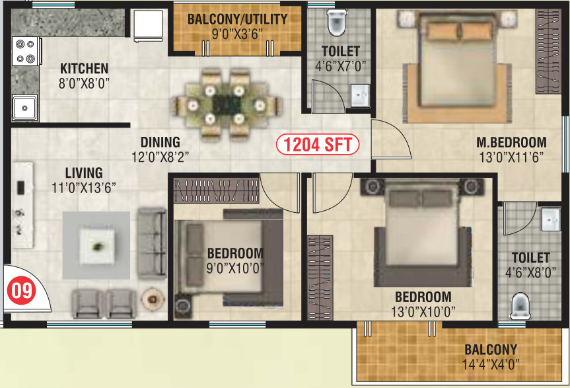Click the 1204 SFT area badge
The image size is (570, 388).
[318, 143]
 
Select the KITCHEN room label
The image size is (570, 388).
[84, 68]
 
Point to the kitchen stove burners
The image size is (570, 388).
[25, 52]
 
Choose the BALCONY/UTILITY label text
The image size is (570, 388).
[237, 19]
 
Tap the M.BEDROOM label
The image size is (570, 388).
[511, 142]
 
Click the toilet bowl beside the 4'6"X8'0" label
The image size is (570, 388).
[520, 305]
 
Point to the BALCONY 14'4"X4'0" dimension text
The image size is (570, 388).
[490, 364]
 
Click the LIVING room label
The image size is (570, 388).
[83, 173]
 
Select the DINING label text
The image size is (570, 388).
[160, 141]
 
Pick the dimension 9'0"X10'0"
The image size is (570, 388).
[235, 268]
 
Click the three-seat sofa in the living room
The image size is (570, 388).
[151, 243]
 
